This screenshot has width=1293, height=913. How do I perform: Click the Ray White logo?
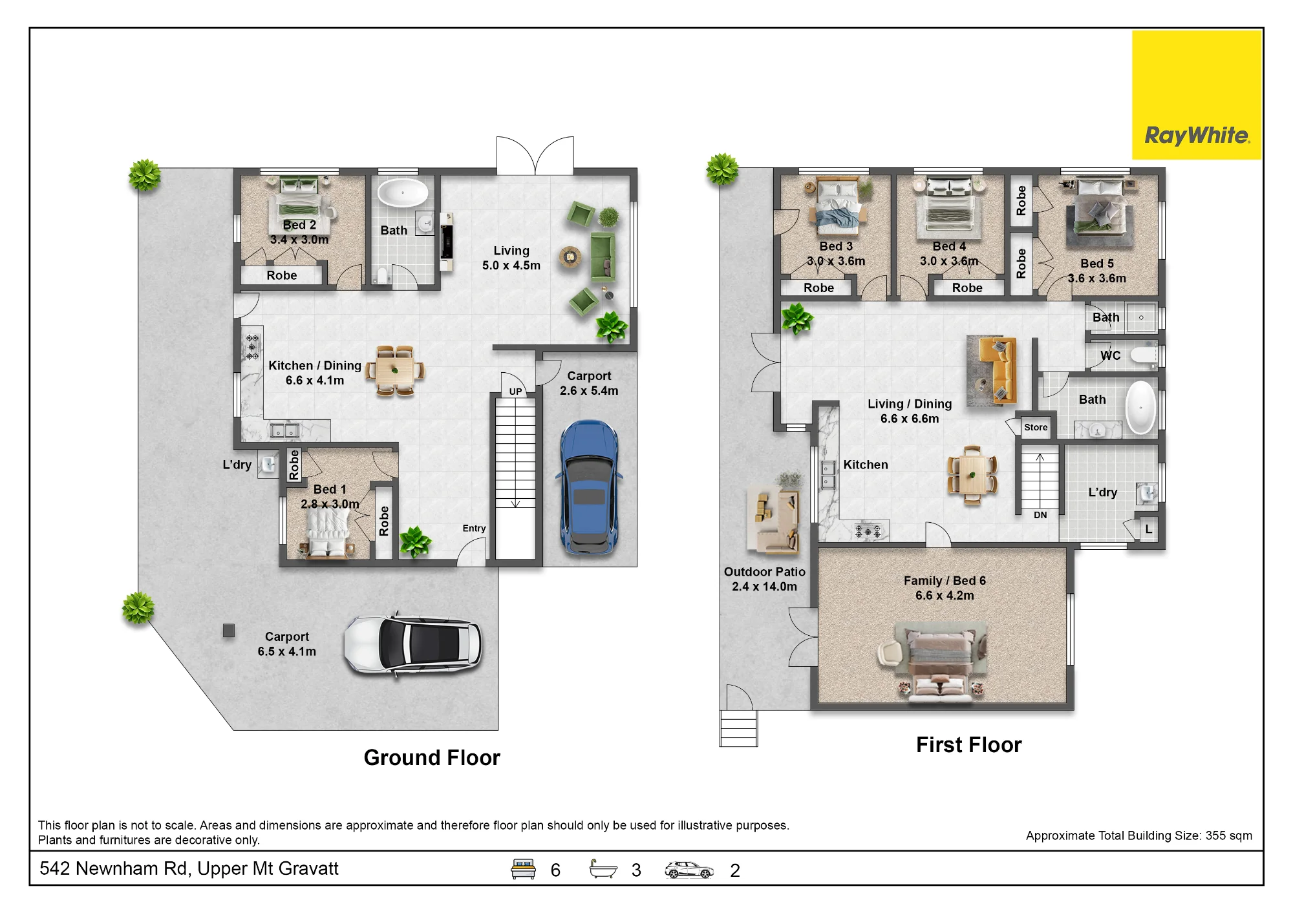[x=1197, y=95]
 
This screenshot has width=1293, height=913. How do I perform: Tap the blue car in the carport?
[x=588, y=488]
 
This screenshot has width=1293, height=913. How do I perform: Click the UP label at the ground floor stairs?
[x=515, y=392]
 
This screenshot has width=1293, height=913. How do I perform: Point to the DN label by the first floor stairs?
[x=1040, y=515]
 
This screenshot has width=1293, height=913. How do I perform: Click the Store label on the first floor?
[x=1036, y=427]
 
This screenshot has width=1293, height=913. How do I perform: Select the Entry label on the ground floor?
[x=474, y=528]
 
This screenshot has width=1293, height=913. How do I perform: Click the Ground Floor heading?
[x=432, y=757]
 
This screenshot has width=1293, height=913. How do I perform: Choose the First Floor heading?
[x=968, y=744]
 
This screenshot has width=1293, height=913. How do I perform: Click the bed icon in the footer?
[x=523, y=869]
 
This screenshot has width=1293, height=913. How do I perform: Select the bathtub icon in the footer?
[x=604, y=869]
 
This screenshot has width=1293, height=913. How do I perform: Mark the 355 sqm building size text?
[x=1228, y=835]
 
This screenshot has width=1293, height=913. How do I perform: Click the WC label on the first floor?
[x=1111, y=355]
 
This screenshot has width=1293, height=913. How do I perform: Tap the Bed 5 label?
[x=1097, y=264]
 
